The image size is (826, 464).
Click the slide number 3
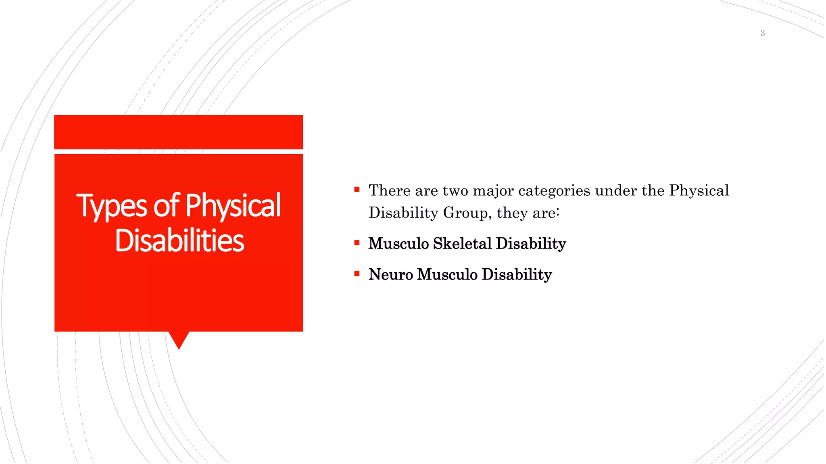[x=762, y=33]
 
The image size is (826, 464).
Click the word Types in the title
[x=112, y=206]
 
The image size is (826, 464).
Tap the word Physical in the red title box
[x=233, y=206]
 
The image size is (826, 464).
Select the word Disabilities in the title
[x=179, y=241]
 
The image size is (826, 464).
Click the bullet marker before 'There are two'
[x=357, y=189]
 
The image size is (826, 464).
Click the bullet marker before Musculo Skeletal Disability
[x=357, y=242]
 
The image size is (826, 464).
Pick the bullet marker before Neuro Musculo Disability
[x=357, y=273]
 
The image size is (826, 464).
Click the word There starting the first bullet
[x=389, y=191]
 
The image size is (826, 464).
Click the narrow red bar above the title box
[x=178, y=132]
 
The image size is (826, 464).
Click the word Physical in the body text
[x=699, y=191]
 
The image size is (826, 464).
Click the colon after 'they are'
[x=558, y=212]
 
